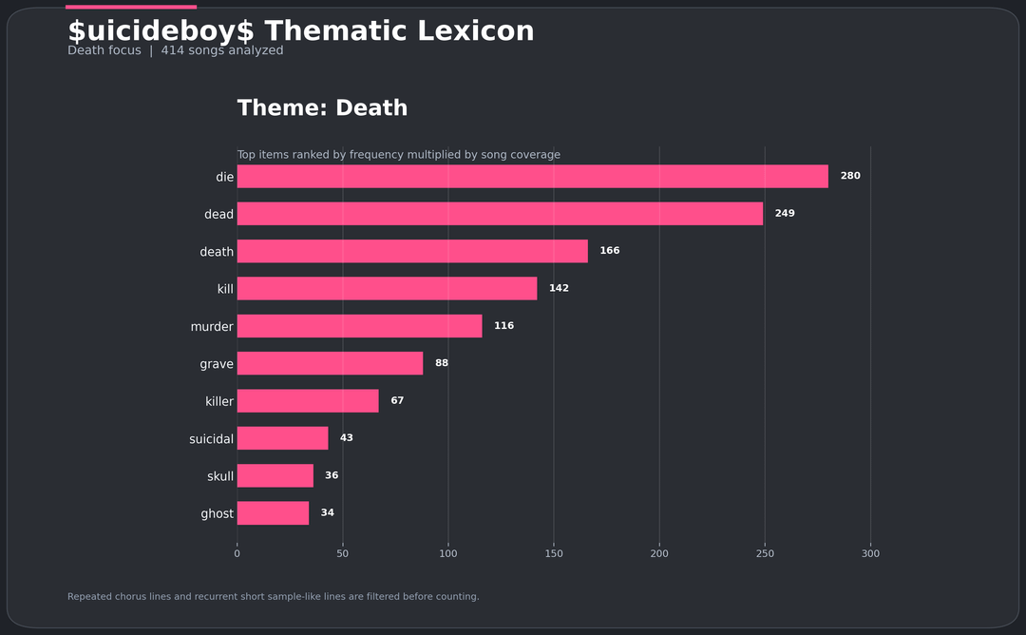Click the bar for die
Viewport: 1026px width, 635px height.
(x=532, y=176)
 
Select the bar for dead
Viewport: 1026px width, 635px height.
(x=500, y=214)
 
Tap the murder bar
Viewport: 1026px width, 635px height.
(x=359, y=326)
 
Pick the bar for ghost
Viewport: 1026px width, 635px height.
(x=273, y=513)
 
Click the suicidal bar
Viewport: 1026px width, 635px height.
(x=282, y=438)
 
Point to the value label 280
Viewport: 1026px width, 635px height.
(x=850, y=176)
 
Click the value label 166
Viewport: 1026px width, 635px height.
(x=609, y=251)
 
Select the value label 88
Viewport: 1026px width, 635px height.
(x=442, y=363)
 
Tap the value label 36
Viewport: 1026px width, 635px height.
(x=332, y=475)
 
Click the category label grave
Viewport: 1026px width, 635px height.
(x=217, y=364)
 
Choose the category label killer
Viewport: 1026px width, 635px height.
(x=219, y=401)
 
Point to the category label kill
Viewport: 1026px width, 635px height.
(x=225, y=289)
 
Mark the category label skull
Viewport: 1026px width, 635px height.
(x=220, y=476)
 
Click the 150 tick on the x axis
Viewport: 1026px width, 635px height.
(x=554, y=553)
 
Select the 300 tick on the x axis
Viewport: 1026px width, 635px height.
(x=870, y=553)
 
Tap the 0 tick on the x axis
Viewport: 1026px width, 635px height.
(x=237, y=553)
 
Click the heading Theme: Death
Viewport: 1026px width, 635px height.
(x=322, y=108)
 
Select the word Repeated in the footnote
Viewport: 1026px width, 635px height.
(x=89, y=597)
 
